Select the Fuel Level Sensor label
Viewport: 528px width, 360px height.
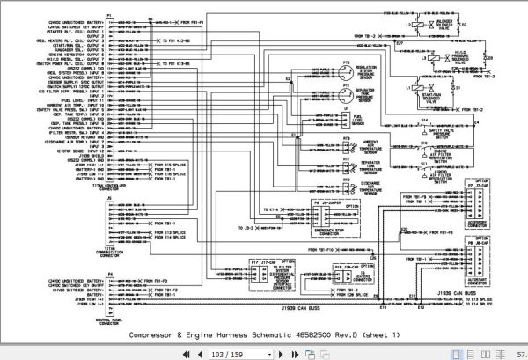(358, 120)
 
